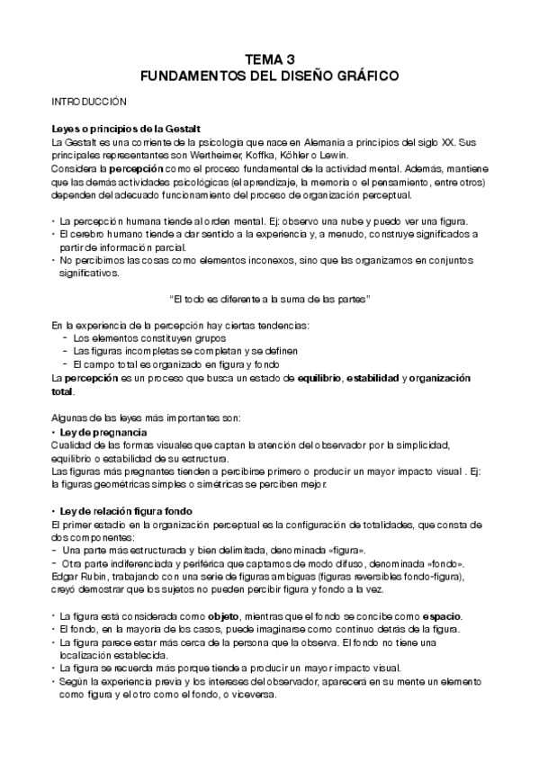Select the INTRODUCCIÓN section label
tap(88, 103)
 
